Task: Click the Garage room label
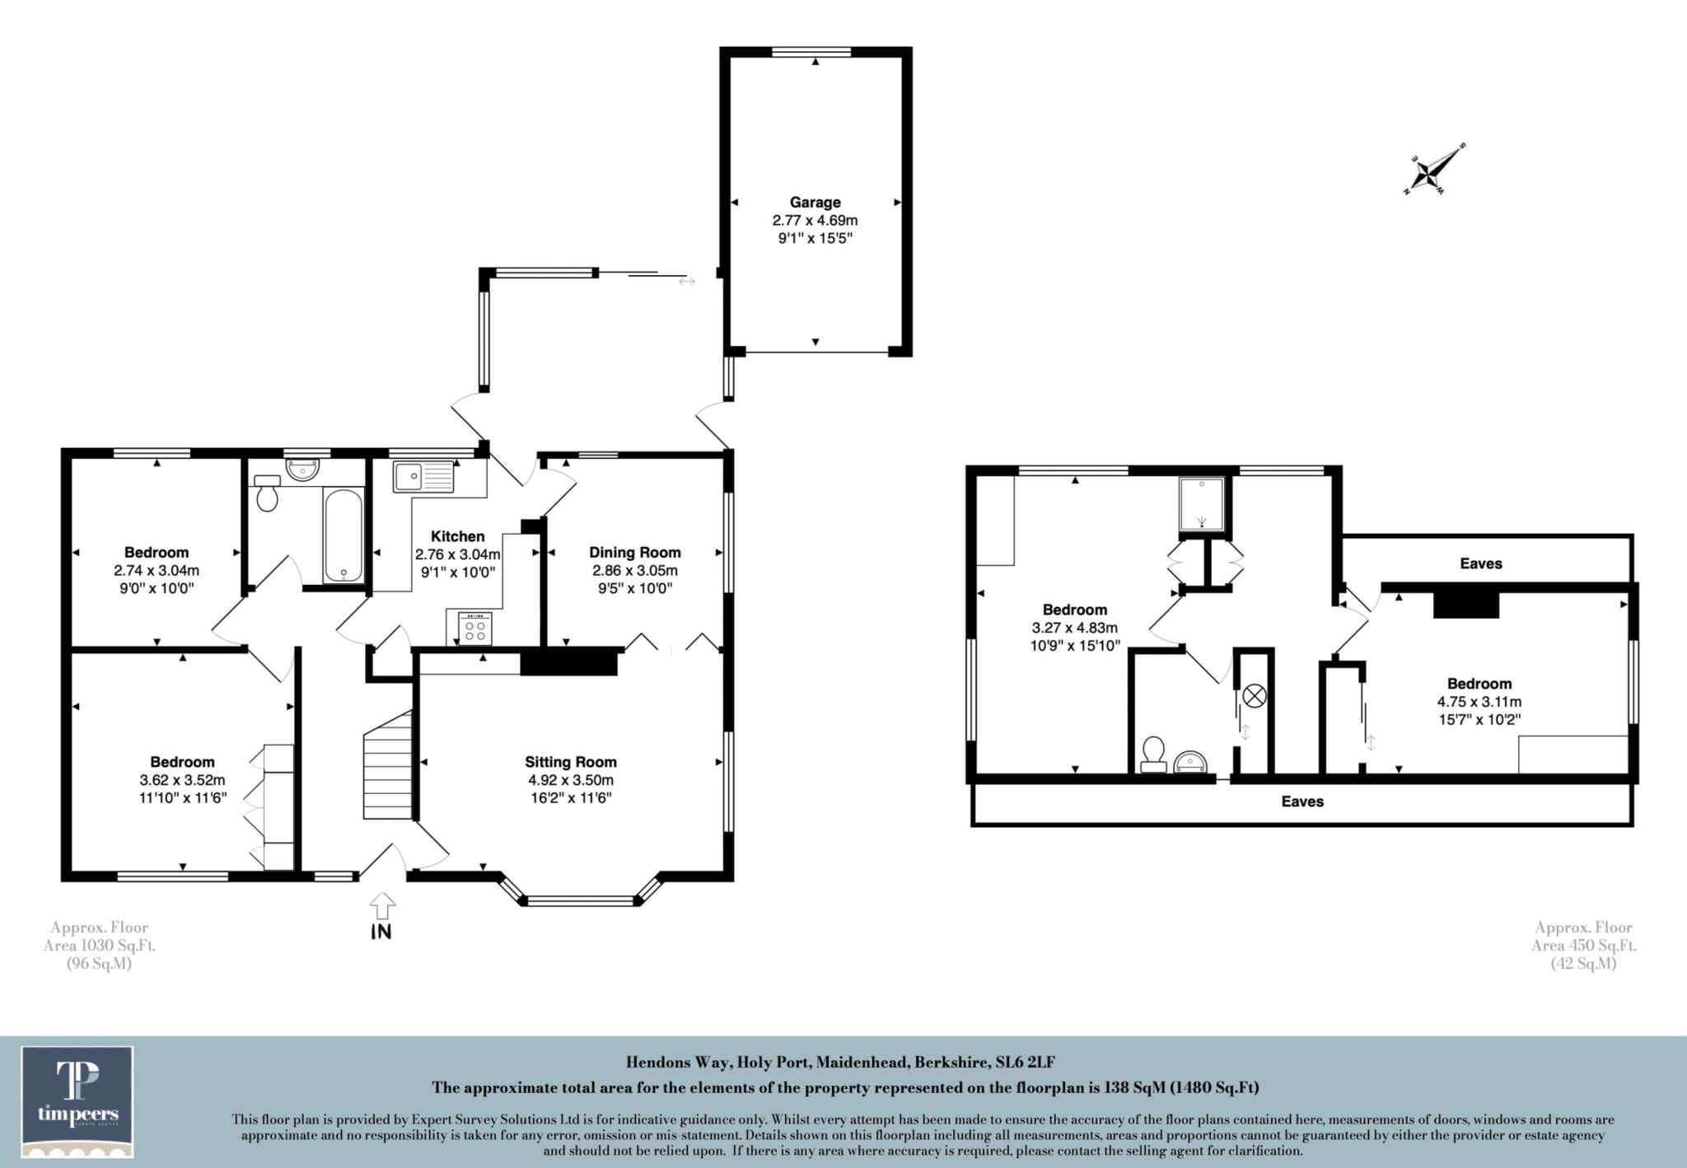(815, 203)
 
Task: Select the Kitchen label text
(457, 536)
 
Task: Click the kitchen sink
(423, 476)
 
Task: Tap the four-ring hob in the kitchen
(474, 630)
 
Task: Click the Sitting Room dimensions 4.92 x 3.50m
(570, 780)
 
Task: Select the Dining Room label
(634, 553)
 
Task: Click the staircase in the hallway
(388, 765)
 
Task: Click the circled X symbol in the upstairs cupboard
(1253, 697)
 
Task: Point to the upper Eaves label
(1480, 563)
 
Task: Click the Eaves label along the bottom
(1301, 801)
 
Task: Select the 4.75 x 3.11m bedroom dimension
(1479, 702)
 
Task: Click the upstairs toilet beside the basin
(1153, 753)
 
